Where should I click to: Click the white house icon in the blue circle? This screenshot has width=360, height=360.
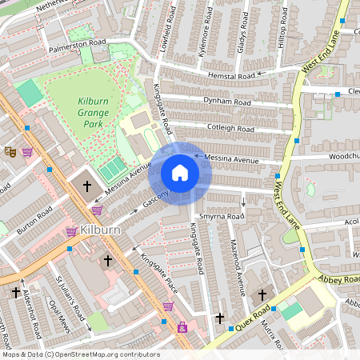coord(180,173)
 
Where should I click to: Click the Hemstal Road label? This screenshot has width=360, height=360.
coord(230,75)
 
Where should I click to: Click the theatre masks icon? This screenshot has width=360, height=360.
coord(10,150)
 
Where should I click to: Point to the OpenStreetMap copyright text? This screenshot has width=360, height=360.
coord(80,354)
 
